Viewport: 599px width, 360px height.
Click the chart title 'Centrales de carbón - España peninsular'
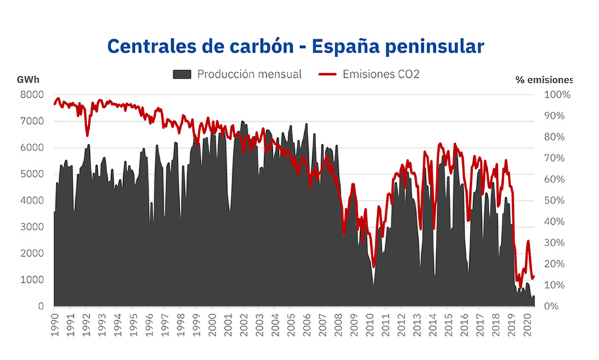point(296,46)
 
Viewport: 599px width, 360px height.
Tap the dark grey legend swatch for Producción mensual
point(182,74)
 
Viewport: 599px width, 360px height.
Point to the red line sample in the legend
point(327,74)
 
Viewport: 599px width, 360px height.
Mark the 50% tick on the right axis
point(558,200)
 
